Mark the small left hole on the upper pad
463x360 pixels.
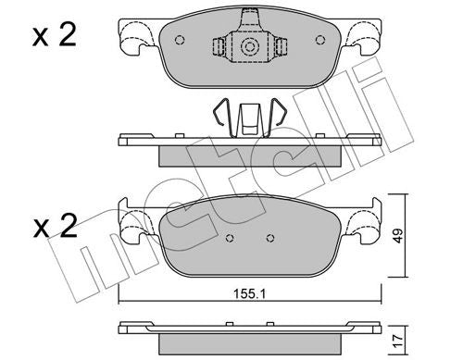coord(180,40)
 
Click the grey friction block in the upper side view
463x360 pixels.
coord(247,155)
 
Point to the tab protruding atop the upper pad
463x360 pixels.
coord(247,17)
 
